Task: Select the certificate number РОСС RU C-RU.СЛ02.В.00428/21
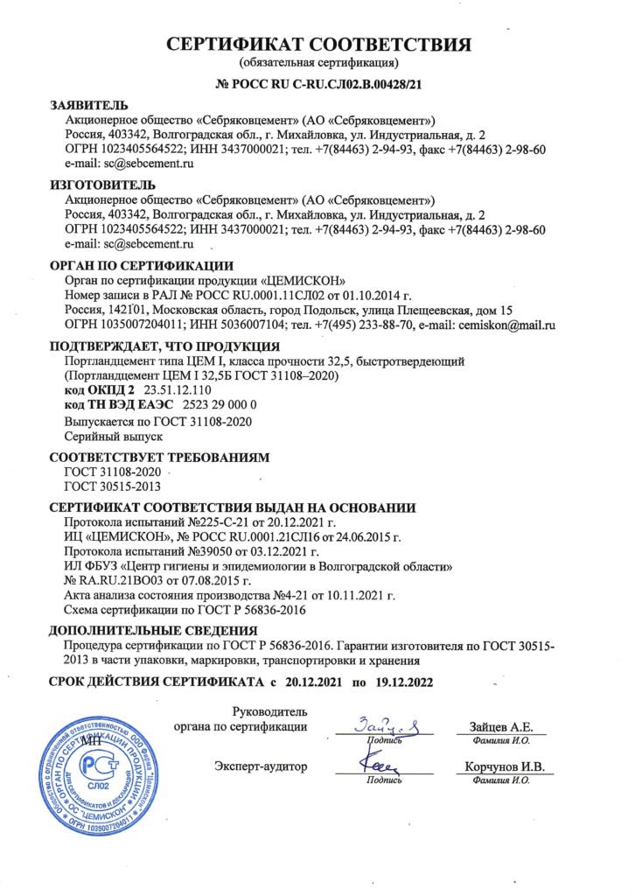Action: (x=328, y=85)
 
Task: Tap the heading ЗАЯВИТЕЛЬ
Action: (x=88, y=105)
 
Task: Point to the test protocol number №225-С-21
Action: (x=199, y=522)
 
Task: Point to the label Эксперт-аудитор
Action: (x=262, y=767)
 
